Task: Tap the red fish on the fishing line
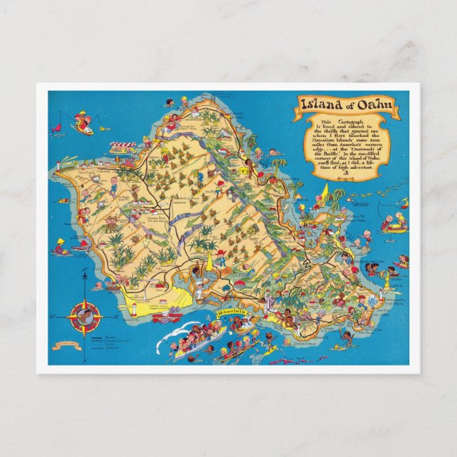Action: point(106,130)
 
